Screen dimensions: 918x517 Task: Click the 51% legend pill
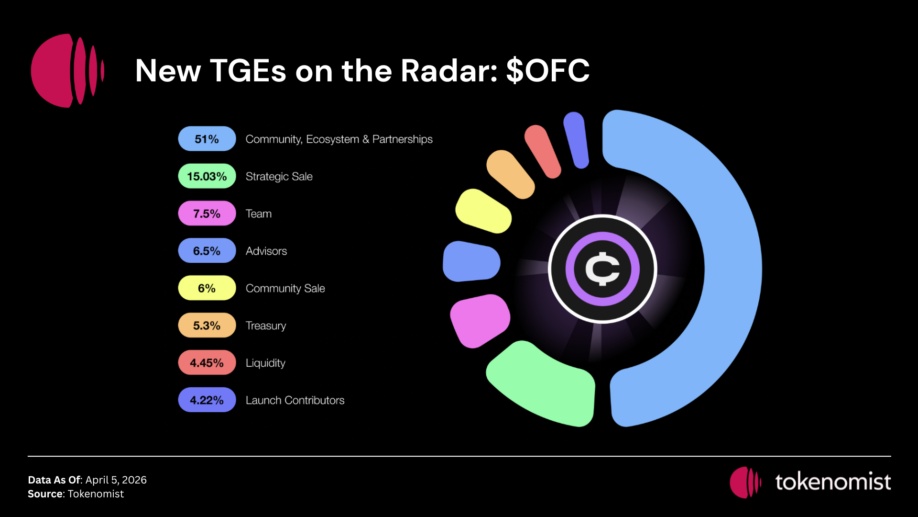(x=207, y=139)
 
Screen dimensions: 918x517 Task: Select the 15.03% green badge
(x=207, y=176)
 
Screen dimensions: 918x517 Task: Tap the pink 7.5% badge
(x=207, y=214)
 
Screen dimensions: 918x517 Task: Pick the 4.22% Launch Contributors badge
(x=207, y=400)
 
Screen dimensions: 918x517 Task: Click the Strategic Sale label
(x=279, y=177)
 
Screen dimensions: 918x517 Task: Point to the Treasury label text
(x=266, y=326)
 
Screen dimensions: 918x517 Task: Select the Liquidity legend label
(x=265, y=363)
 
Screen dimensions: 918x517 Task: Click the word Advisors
(x=266, y=251)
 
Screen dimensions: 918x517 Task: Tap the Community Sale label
(x=285, y=289)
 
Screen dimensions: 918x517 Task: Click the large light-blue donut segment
(x=732, y=268)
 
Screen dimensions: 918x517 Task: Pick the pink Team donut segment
(x=480, y=320)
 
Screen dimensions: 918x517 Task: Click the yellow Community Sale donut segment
(x=483, y=211)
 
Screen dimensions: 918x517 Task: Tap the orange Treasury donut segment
(x=511, y=174)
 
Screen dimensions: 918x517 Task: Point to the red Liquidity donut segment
(x=543, y=151)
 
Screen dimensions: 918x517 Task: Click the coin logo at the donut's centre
(x=602, y=269)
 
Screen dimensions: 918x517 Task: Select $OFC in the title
(x=548, y=71)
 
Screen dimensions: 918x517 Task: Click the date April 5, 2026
(x=116, y=480)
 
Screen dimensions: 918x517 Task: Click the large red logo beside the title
(x=67, y=70)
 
